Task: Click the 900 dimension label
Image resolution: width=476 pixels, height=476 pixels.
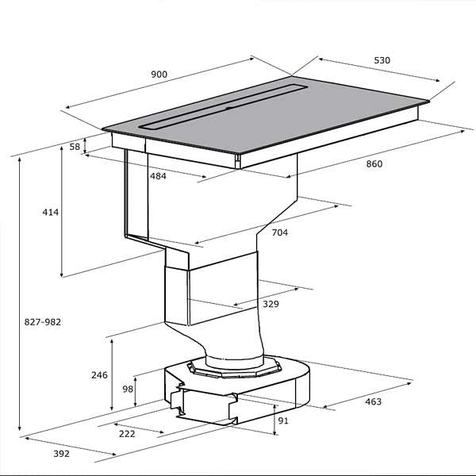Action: pos(159,75)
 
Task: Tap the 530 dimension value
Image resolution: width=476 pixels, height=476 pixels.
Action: pos(382,60)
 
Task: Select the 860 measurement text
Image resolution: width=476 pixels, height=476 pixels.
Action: pos(374,164)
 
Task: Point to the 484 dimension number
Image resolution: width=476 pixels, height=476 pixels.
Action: pos(158,176)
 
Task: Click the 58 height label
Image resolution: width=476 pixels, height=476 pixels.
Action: pos(75,147)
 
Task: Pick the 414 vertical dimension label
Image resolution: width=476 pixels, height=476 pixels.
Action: pos(51,212)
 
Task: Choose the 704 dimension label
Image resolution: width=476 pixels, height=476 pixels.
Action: pos(279,232)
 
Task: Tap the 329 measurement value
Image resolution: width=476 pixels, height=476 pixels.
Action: pos(271,304)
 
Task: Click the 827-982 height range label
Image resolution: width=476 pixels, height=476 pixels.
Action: pos(43,322)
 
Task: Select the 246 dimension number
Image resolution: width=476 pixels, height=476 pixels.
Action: pos(99,375)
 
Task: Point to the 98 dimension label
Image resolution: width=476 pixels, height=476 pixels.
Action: pos(128,389)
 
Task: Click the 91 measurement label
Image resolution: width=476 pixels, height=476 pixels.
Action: pos(283,420)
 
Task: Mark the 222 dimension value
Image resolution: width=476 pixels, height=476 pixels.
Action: pos(127,434)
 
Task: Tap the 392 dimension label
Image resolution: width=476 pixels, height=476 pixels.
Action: pos(61,454)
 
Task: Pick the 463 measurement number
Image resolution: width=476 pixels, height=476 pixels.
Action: pos(373,401)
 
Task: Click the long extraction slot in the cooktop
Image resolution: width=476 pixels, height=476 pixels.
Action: pos(224,107)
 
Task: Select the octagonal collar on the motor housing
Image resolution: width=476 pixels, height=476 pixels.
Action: pos(234,367)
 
